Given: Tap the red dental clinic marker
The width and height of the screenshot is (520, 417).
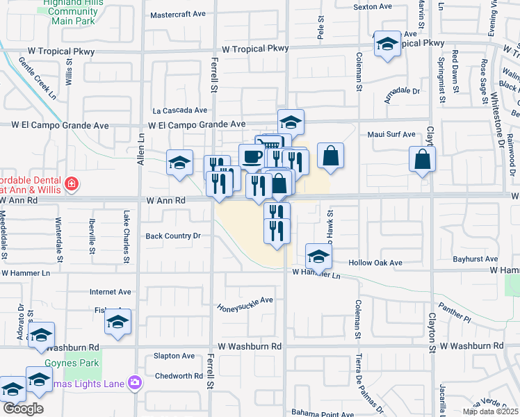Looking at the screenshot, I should click(70, 184).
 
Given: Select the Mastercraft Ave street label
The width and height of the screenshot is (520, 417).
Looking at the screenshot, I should click(179, 14).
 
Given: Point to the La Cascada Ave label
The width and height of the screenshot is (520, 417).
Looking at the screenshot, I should click(180, 110).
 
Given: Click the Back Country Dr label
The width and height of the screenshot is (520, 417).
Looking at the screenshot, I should click(172, 236).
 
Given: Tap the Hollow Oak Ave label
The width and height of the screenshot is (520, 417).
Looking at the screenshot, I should click(375, 263).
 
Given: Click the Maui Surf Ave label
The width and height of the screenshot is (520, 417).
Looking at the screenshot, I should click(391, 134).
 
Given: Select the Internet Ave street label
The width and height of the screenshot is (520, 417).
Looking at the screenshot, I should click(111, 292).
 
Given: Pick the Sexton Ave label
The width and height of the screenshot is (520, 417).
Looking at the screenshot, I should click(373, 6).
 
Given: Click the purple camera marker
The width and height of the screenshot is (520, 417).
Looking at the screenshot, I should click(135, 382).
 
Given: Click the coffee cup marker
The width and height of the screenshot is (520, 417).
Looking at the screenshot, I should click(252, 156).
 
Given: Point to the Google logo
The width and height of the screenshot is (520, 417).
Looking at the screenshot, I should click(22, 409).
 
